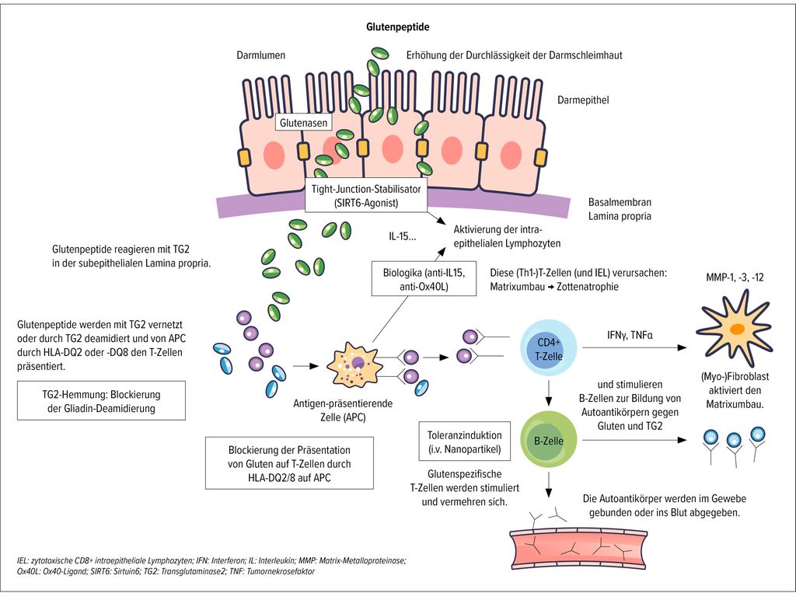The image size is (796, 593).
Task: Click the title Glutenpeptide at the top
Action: coord(398,27)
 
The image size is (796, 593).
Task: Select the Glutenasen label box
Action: coord(303,123)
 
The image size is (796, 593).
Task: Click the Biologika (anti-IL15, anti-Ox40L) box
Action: coord(418,278)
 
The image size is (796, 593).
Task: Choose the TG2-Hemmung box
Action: coord(101,400)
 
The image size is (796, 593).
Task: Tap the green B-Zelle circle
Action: coord(550,440)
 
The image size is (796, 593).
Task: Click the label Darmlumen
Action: coord(261,55)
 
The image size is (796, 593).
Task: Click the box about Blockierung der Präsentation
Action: coord(290,465)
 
